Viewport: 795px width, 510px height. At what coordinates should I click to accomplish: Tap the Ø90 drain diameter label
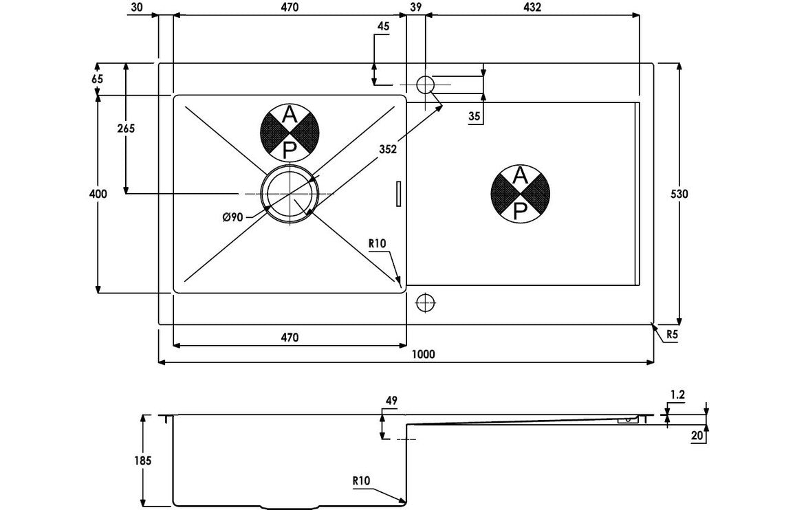coord(232,217)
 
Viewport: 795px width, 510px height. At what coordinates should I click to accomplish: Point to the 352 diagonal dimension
coord(388,151)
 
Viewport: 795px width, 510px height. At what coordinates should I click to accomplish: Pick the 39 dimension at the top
coord(415,8)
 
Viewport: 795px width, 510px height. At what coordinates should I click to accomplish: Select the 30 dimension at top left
coord(135,8)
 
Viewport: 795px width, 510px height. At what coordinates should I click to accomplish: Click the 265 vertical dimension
coord(125,129)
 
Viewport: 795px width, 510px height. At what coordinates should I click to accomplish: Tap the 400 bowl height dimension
coord(98,195)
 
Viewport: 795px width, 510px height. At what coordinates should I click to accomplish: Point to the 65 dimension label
coord(96,79)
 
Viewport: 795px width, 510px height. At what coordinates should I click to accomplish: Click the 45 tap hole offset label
coord(384,26)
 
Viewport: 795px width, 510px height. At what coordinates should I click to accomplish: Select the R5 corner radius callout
coord(672,335)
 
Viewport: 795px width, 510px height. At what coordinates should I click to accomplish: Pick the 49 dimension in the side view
coord(392,401)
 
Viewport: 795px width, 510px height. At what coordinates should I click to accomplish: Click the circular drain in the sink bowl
coord(290,195)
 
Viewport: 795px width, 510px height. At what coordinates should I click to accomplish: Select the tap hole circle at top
coord(425,85)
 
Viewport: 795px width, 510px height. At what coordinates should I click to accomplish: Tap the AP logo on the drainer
coord(521,194)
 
